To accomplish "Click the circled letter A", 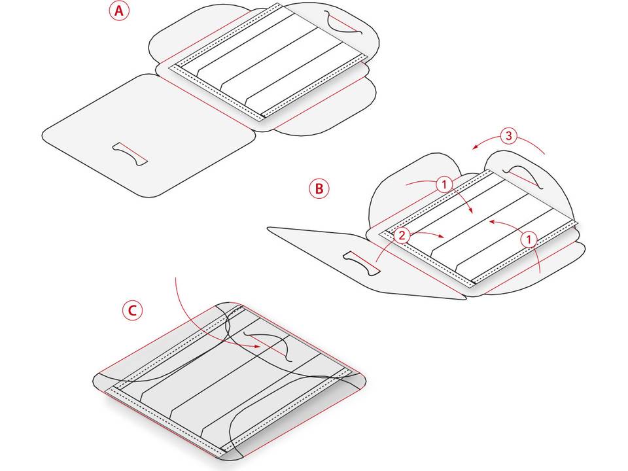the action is point(119,11).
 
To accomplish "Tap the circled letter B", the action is point(319,188).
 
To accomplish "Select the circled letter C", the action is point(132,310).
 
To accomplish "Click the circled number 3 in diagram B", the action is point(509,136).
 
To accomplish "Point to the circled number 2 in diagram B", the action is point(402,235).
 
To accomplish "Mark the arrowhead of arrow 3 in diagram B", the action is point(476,147).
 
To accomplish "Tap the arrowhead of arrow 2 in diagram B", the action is point(442,236).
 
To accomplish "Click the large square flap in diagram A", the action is point(149,135).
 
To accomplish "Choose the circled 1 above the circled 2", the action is point(444,184).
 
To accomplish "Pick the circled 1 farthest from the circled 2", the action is point(529,240).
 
